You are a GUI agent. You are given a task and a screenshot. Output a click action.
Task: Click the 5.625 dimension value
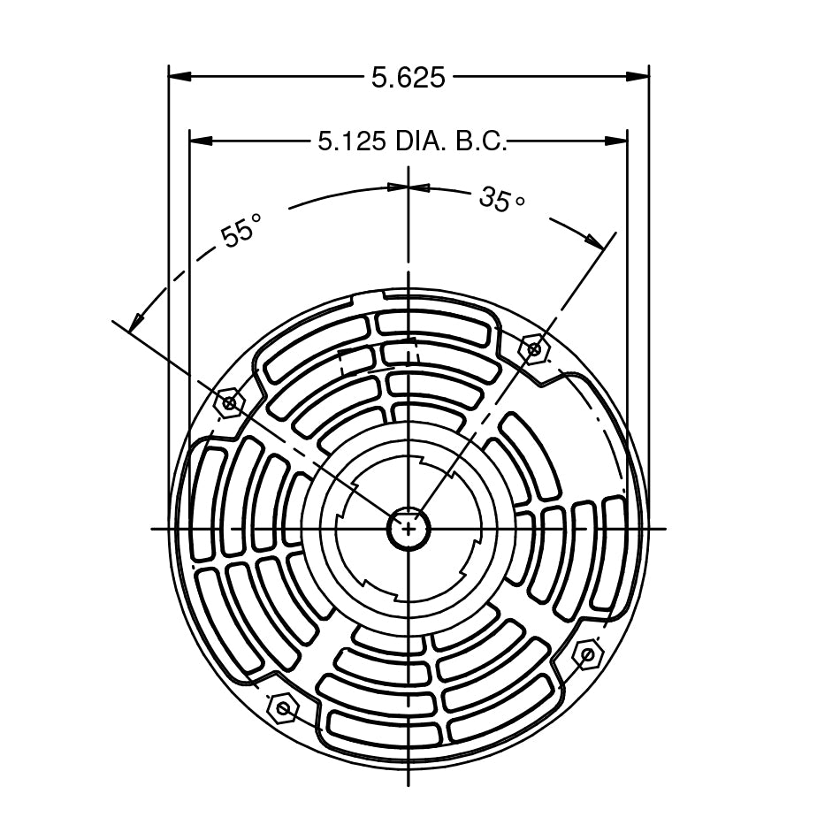(408, 78)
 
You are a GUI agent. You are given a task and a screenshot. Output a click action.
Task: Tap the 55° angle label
(241, 233)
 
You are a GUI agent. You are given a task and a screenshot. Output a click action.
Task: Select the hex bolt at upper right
(534, 349)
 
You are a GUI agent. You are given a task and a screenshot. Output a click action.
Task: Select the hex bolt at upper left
(230, 403)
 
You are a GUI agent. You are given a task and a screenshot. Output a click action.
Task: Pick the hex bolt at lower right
(586, 655)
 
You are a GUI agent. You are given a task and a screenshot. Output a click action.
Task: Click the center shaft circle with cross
(409, 529)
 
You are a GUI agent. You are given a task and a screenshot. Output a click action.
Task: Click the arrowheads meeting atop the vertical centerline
(409, 187)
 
